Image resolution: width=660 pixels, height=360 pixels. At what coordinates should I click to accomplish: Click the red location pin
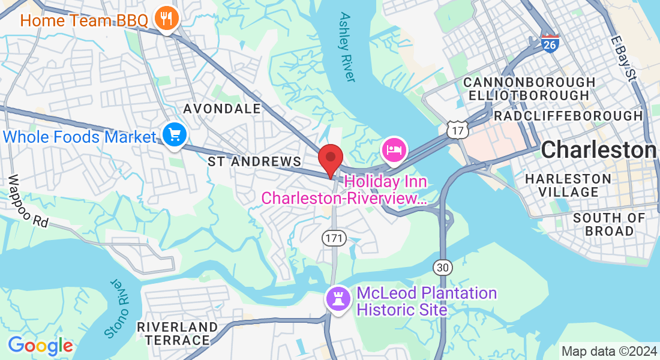click(330, 160)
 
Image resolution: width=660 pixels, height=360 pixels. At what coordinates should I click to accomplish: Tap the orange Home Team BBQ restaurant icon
click(164, 19)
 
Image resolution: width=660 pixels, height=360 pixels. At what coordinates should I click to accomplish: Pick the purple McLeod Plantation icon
click(337, 298)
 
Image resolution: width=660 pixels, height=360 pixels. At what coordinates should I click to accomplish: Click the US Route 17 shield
click(458, 129)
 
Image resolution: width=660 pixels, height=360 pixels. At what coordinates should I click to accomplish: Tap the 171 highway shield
click(334, 238)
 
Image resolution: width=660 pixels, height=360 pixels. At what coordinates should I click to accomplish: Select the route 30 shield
click(442, 268)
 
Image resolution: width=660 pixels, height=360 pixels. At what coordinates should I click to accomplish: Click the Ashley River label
click(347, 47)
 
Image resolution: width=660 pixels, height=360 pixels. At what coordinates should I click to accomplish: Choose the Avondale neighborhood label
click(222, 109)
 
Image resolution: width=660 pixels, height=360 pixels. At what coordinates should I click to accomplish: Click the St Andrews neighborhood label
click(254, 161)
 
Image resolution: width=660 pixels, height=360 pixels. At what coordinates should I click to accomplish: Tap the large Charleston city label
click(598, 150)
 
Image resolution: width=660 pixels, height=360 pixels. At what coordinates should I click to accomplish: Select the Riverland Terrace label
click(177, 334)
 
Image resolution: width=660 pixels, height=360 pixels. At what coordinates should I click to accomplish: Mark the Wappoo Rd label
click(28, 201)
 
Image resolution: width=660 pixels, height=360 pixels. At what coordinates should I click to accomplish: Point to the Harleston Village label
click(568, 185)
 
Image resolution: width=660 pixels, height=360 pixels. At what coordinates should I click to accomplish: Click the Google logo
click(40, 346)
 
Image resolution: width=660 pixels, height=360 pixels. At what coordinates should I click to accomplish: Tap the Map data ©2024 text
click(608, 351)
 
